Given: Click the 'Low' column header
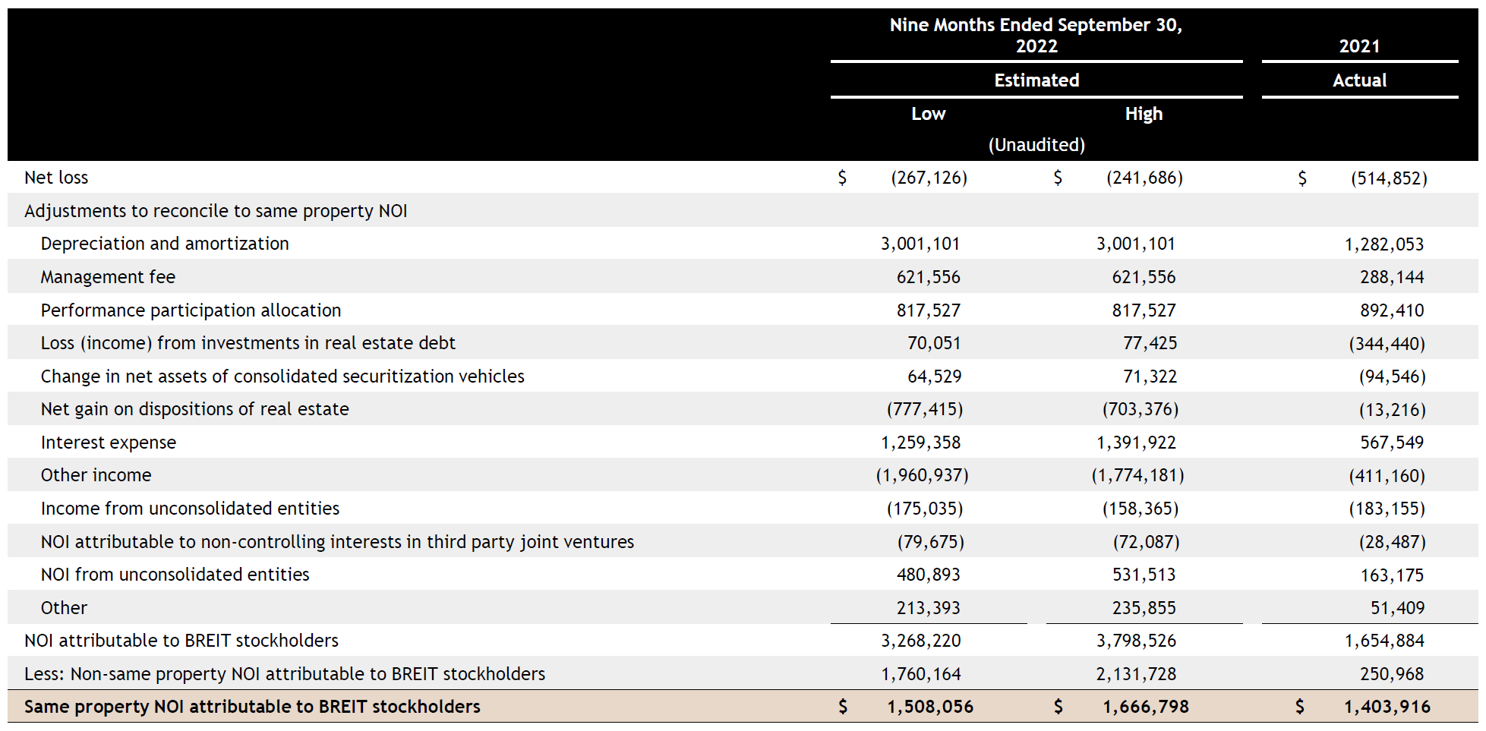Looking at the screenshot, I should click(928, 114).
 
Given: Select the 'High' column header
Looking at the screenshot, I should click(1144, 114).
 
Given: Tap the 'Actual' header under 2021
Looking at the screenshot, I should click(1359, 80).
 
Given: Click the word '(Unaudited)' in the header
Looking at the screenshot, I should click(1036, 145).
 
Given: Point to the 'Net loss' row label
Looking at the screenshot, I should click(56, 178).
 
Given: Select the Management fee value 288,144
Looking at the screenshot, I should click(1392, 277).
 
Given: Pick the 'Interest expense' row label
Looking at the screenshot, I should click(109, 443).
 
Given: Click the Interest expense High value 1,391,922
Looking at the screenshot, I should click(1136, 443).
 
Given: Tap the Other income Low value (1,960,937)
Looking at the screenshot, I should click(922, 475).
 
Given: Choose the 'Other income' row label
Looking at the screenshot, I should click(96, 475).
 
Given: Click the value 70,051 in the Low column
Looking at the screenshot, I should click(934, 343).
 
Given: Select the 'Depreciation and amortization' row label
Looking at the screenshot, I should click(165, 244).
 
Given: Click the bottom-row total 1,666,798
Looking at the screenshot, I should click(1146, 707).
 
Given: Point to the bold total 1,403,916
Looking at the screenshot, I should click(1387, 707).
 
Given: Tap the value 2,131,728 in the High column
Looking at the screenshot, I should click(1136, 674).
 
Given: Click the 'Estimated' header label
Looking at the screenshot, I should click(1036, 80).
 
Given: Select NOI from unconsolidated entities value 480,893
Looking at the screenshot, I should click(928, 575).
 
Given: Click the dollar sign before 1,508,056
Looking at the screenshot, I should click(843, 707).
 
